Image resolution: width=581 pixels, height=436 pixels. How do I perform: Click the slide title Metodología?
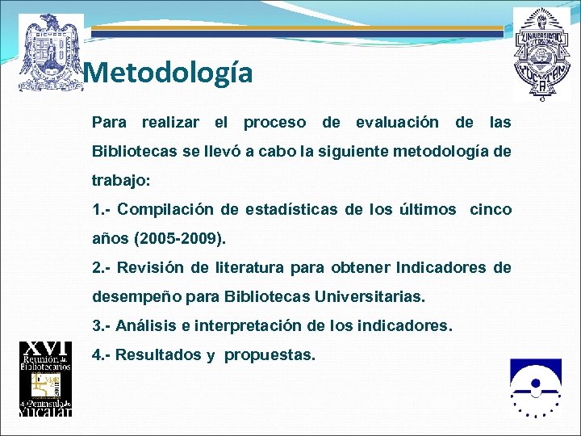pos(168,73)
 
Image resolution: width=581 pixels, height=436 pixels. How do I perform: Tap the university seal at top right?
pos(541,53)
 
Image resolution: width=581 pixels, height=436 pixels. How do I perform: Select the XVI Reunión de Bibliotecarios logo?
pos(46,379)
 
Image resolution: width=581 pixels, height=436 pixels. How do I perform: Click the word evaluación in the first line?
pos(397,123)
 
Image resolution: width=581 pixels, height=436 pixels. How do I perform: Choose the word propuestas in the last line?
pos(270,355)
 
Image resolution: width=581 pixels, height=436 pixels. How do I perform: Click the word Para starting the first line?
pos(110,123)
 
